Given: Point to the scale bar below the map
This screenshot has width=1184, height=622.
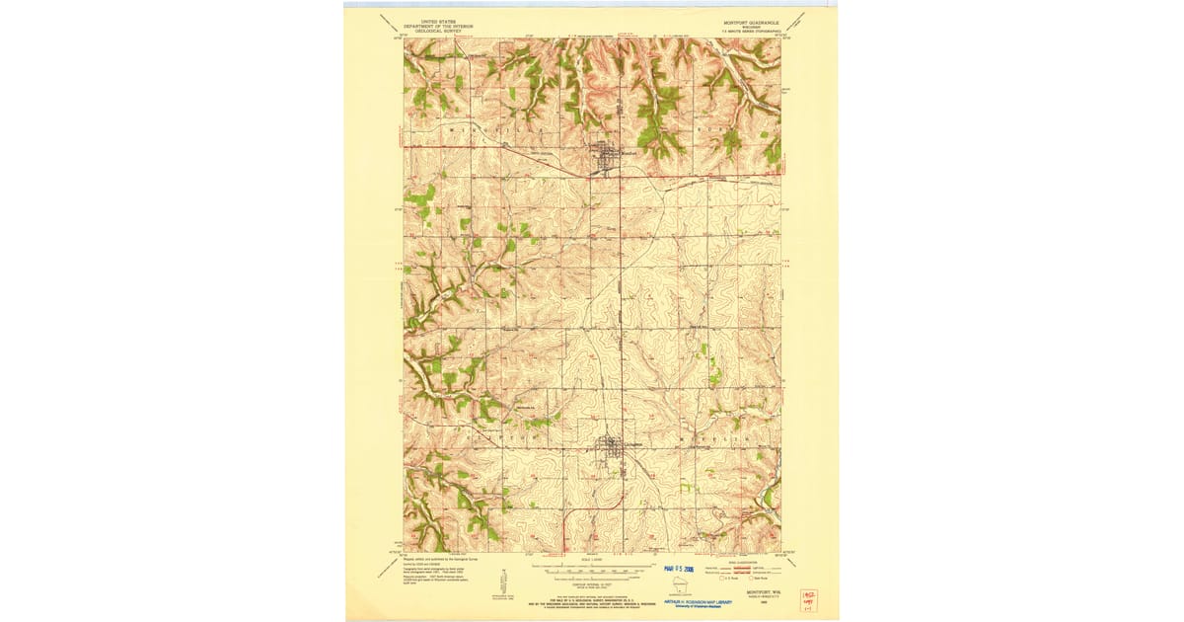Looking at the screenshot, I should tap(592, 571).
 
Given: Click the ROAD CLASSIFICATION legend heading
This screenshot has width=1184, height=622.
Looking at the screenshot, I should tap(736, 558).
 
